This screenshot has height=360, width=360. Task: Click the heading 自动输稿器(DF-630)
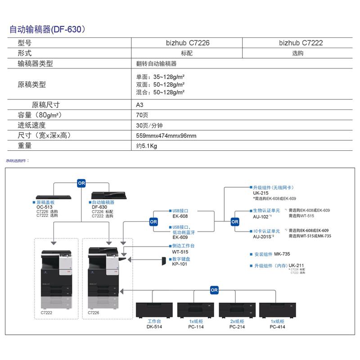click(47, 30)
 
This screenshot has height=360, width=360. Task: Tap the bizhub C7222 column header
click(301, 43)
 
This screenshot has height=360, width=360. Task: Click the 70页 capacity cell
click(142, 115)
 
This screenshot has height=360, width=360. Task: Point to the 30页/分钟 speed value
click(149, 126)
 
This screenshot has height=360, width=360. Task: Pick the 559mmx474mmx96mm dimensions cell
click(166, 135)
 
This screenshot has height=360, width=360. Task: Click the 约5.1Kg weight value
click(147, 146)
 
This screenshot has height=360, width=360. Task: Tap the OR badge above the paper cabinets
click(214, 290)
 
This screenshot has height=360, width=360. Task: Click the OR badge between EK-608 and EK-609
click(153, 221)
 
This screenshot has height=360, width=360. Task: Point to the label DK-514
click(154, 327)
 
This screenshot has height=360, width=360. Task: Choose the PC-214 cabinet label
click(236, 327)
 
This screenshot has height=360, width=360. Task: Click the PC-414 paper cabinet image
click(278, 310)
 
